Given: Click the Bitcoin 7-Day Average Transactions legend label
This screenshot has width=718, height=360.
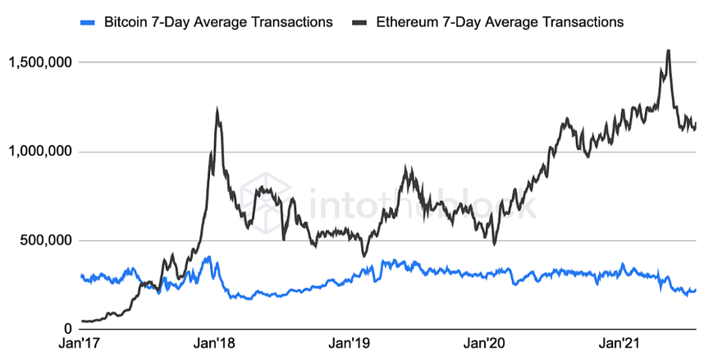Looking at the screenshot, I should coord(218,22).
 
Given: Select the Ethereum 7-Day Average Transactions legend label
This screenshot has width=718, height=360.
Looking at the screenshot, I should coord(500,22).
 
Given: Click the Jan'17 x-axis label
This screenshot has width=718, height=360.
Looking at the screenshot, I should coord(82,344).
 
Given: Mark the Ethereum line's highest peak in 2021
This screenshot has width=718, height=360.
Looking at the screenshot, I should coord(668,51).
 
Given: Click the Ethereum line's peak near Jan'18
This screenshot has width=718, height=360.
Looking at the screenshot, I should coord(217,109).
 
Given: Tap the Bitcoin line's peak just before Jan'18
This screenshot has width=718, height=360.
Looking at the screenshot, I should coord(208,257).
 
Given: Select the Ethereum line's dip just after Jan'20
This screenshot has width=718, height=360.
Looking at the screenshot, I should coord(494,243).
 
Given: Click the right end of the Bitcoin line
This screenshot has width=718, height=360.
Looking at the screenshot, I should coord(696,289).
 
